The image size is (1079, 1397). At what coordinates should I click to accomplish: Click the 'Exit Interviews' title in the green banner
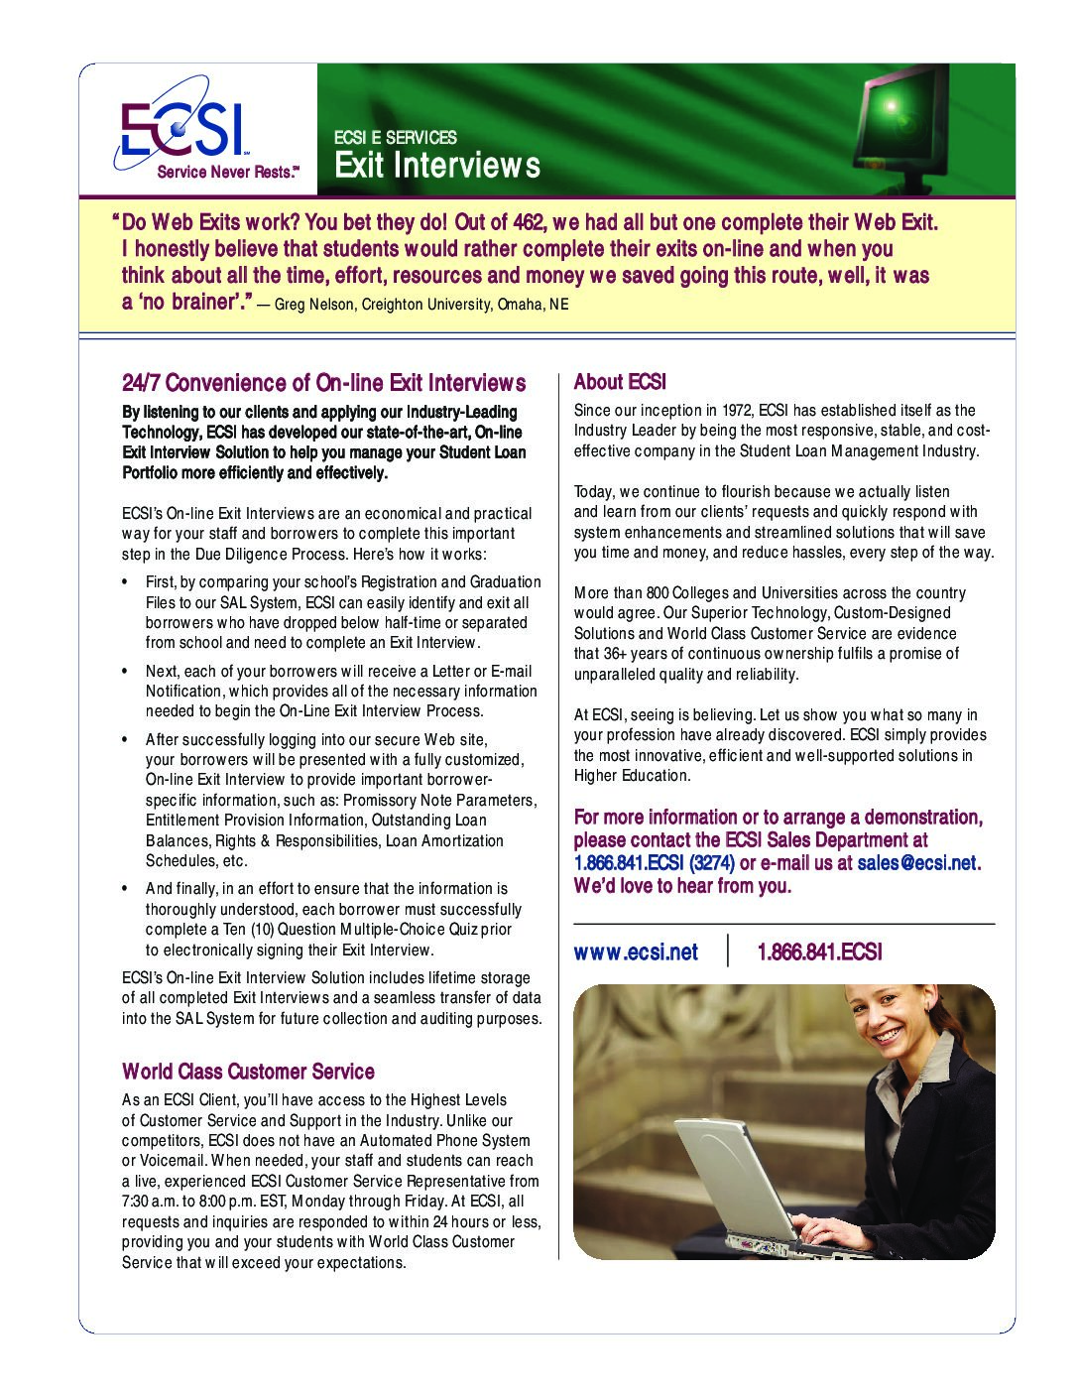436,165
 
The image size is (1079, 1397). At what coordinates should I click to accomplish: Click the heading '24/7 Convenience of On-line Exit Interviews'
323,383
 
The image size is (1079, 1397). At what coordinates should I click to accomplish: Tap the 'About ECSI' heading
620,382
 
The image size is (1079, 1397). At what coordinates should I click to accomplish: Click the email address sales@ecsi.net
916,863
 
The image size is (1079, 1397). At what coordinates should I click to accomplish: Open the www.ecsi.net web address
636,952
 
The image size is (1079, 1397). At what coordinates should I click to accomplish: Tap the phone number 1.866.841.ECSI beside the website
818,952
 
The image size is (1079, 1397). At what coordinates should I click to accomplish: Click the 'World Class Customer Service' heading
248,1072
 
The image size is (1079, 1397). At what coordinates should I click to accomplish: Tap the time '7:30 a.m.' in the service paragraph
152,1202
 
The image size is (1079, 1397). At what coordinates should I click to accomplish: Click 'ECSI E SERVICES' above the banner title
395,138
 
